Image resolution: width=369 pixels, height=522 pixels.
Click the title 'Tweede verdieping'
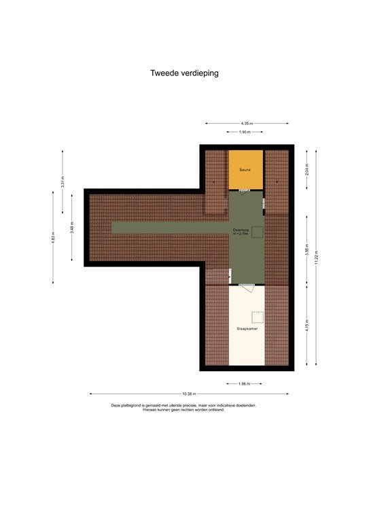pos(184,73)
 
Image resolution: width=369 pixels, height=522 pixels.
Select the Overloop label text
pos(241,231)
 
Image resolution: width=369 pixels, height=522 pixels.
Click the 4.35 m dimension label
pos(246,123)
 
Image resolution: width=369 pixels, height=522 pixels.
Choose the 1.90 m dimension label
pos(245,132)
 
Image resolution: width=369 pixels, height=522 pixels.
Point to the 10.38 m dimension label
pos(188,394)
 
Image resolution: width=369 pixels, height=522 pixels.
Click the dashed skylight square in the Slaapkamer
pos(258,316)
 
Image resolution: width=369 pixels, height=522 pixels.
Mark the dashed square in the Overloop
pos(257,232)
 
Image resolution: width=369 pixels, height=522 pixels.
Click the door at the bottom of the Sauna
pos(245,190)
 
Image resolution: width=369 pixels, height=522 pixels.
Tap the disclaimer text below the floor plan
pos(184,407)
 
